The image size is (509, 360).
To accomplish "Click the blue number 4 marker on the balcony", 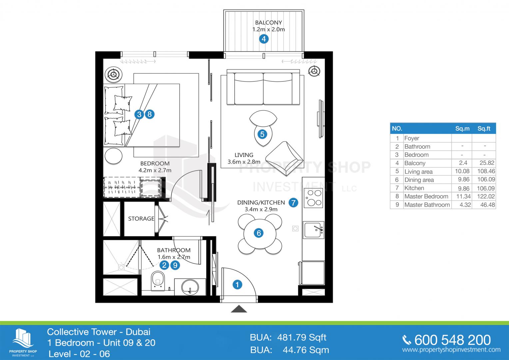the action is [x=263, y=39].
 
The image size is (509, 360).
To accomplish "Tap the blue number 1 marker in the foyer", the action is [x=237, y=284].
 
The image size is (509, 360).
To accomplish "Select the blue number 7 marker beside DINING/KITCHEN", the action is [x=293, y=203].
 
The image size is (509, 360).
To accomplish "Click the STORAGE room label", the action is [x=141, y=219].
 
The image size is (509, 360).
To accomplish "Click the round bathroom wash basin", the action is [x=190, y=287].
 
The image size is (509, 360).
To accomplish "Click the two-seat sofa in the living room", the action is [x=263, y=87].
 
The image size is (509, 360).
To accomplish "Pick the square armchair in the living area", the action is [x=284, y=159].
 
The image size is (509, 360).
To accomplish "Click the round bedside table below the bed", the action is [x=113, y=156].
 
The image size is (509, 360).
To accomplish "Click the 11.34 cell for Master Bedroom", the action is [x=463, y=196].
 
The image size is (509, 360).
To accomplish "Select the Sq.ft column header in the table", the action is [x=484, y=129].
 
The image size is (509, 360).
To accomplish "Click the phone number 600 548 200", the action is [x=452, y=340].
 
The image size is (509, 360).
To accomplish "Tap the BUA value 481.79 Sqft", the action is [x=301, y=337].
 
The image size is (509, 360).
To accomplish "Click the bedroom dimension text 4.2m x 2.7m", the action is [x=155, y=170].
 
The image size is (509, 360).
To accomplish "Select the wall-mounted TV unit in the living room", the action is [x=320, y=119].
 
